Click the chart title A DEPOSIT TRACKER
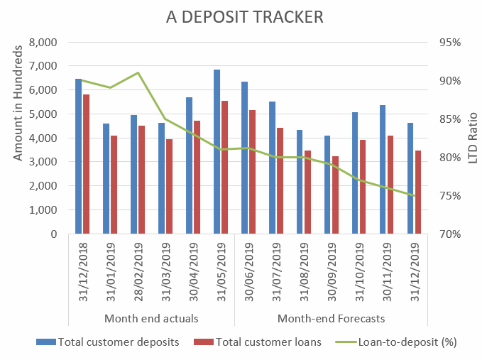(241, 16)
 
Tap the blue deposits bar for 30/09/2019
(328, 185)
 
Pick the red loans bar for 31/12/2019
(418, 192)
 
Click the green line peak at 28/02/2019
(138, 72)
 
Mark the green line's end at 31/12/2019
(414, 195)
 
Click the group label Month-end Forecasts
(331, 317)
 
